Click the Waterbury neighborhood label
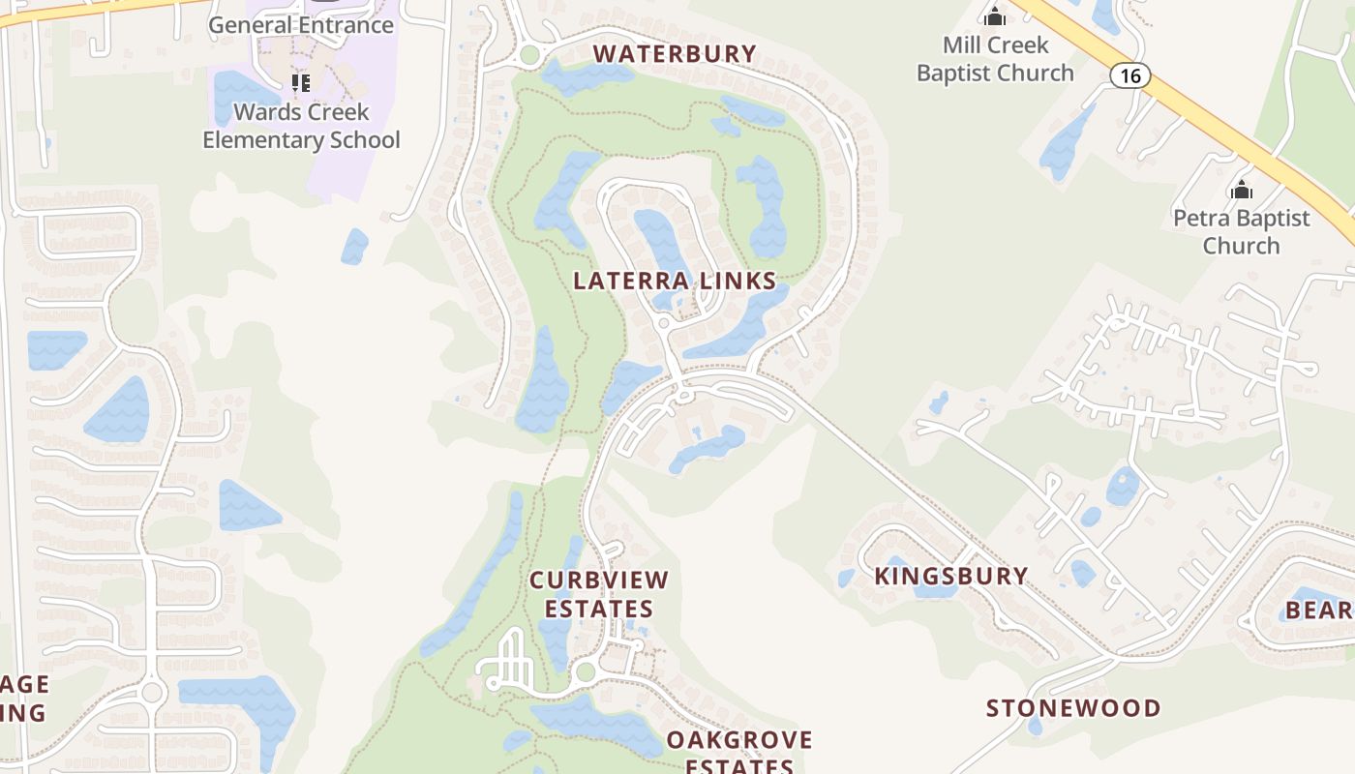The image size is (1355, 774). point(675,54)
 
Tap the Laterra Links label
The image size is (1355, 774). point(675,282)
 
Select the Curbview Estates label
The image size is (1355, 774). point(598,594)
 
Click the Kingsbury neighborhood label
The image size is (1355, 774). point(950,577)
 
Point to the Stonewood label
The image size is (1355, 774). point(1072,708)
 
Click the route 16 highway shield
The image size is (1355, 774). point(1129,75)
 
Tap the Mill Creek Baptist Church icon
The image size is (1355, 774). point(994,16)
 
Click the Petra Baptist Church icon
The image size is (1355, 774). point(1241,189)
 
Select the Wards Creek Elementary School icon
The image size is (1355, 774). point(301,83)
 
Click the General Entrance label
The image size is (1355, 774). point(301,25)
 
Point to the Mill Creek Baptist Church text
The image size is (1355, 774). point(995,59)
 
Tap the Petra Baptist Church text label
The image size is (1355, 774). point(1241,232)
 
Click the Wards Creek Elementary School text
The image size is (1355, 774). point(301,126)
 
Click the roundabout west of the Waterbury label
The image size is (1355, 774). point(528,55)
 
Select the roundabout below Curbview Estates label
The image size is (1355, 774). point(585,671)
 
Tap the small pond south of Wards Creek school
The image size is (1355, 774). point(354,247)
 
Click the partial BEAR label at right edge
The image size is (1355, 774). point(1317,610)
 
